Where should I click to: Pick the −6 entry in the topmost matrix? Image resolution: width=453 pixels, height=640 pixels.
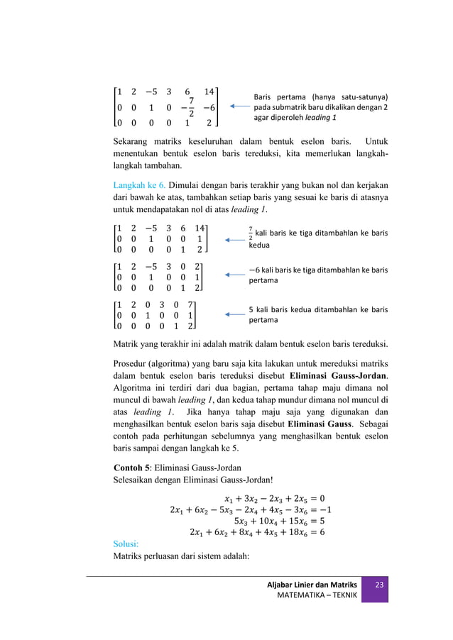208,108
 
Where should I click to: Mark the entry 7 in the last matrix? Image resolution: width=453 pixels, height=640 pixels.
191,303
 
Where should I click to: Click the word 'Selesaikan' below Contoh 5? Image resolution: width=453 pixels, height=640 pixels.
137,480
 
